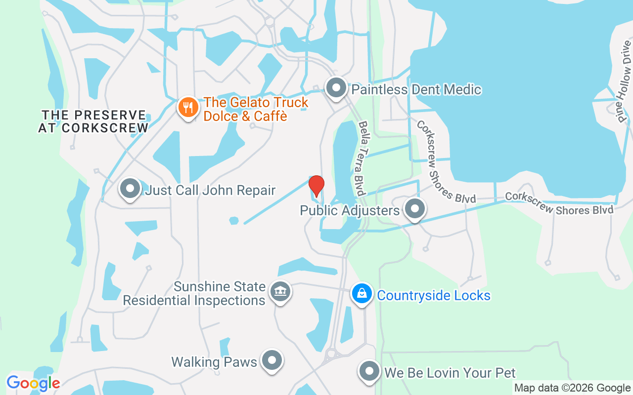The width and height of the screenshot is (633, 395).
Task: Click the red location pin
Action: coord(316,186)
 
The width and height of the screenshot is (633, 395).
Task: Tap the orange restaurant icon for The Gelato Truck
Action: coord(188,107)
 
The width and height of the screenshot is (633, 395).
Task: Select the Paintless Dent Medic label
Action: coord(416,89)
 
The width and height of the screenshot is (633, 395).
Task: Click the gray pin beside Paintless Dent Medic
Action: coord(337,88)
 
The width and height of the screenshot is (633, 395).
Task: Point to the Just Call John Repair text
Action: coord(210,190)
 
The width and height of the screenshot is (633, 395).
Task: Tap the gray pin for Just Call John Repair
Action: coord(131,189)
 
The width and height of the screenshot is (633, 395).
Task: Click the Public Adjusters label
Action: coord(350,211)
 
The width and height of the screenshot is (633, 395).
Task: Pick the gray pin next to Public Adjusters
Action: coord(415,209)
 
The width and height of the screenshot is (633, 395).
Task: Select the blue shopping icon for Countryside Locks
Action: coord(362,294)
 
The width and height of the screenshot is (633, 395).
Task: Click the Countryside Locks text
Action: coord(434,295)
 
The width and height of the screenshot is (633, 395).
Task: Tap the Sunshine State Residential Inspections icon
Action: coord(280,293)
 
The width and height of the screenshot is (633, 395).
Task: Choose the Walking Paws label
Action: coord(214,362)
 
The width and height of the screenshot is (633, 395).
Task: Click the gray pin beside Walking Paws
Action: coord(271,361)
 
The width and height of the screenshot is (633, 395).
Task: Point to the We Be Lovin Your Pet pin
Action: coord(368,372)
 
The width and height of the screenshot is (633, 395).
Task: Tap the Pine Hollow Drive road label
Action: coord(624,81)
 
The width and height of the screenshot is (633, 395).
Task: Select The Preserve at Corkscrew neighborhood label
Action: coord(94,121)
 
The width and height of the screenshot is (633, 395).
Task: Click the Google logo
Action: coord(33,383)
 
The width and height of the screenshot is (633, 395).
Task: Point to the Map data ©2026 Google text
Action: coord(572,388)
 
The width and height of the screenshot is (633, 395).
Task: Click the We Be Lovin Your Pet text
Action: coord(450,373)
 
